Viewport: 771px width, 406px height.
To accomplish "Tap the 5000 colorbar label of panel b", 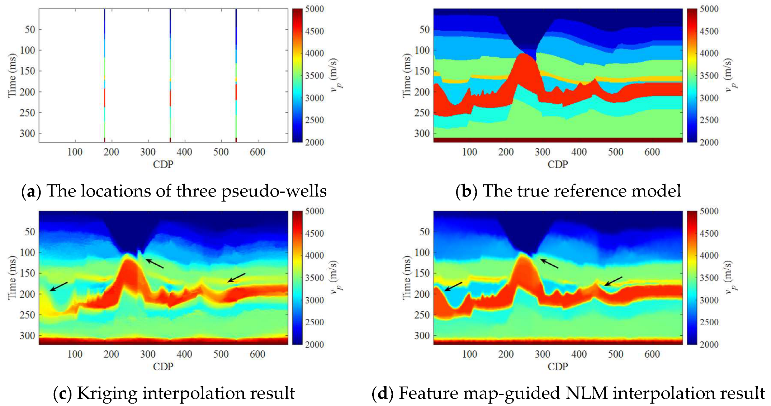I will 709,9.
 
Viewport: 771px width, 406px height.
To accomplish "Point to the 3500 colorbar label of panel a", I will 314,76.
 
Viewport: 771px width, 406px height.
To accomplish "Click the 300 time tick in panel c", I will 27,336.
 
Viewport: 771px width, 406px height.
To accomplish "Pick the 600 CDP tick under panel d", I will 652,354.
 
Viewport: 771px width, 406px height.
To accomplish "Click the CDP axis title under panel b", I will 558,165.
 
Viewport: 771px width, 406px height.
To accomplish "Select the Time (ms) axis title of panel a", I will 12,75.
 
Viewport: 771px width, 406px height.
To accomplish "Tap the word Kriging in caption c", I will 107,393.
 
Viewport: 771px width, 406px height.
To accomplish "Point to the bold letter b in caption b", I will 466,191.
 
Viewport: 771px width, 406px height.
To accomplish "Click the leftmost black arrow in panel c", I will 58,287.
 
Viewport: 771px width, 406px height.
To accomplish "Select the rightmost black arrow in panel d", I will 613,281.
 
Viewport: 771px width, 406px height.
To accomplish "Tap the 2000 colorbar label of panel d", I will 709,345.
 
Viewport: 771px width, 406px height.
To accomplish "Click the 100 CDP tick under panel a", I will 75,152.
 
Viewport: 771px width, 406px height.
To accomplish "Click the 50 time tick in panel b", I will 424,29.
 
